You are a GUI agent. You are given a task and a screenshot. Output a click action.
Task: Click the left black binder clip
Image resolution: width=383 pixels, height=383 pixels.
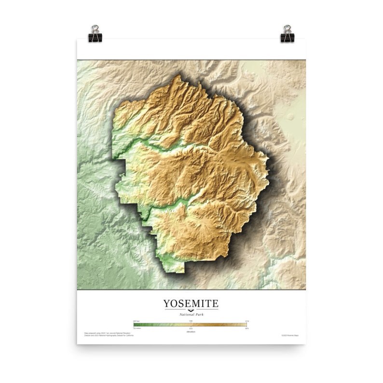95,34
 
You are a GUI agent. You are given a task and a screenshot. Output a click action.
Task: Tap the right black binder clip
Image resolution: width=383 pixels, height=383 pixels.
287,34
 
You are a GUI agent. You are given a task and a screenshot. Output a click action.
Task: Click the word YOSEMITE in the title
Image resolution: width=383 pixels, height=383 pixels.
191,303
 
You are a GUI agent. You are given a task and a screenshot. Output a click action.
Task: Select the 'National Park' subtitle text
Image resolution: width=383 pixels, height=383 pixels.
191,314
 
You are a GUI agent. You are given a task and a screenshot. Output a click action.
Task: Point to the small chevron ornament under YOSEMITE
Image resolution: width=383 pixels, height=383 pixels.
191,310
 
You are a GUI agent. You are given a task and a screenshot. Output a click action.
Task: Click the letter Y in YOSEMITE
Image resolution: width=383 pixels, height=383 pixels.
166,303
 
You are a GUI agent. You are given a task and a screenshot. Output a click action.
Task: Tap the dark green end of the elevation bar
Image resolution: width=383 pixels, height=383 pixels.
137,324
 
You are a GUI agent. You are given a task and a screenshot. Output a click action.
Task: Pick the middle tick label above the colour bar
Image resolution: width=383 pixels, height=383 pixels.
191,321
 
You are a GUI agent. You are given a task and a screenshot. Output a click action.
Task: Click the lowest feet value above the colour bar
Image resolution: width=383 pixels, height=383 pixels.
137,321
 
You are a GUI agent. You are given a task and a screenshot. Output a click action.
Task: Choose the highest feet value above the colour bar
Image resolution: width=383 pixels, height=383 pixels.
246,321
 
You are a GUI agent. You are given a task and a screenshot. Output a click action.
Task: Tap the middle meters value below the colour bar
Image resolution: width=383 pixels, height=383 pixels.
191,328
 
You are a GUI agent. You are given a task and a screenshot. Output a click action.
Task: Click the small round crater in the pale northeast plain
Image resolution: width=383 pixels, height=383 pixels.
290,116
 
